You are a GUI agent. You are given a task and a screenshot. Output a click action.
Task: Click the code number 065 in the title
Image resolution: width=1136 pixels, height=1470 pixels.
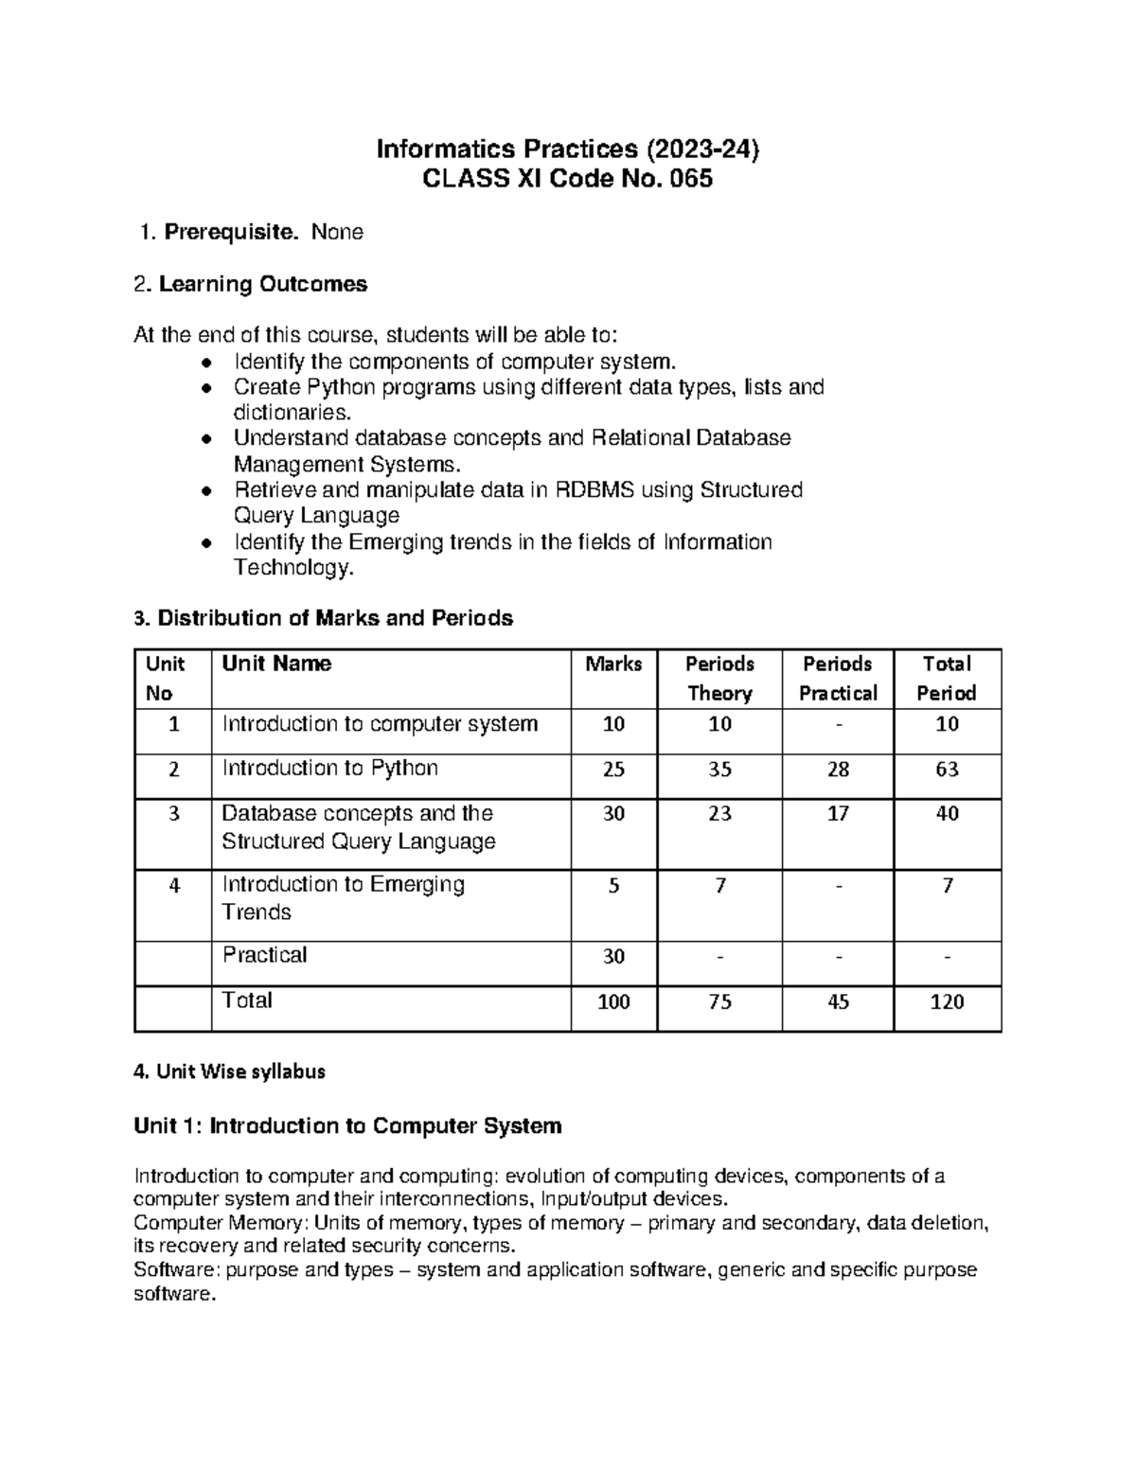[690, 178]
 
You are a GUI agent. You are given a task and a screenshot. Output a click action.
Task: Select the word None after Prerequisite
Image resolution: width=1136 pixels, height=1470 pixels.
[337, 232]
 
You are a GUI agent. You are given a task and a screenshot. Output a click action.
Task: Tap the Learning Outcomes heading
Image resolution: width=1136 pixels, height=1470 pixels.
[262, 284]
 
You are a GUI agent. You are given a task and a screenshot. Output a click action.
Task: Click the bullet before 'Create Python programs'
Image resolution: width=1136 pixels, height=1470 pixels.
[206, 387]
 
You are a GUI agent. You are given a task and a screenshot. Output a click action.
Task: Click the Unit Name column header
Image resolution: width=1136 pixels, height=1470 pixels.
[276, 664]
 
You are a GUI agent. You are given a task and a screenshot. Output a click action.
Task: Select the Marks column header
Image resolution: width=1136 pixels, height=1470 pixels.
[613, 664]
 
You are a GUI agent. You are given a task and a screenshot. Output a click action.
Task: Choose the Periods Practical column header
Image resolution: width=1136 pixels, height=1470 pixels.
[838, 678]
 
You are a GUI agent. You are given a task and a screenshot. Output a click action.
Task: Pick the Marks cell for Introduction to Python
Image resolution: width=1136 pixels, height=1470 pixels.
[613, 770]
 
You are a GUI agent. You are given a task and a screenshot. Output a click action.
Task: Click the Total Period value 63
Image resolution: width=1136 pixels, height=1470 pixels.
[947, 770]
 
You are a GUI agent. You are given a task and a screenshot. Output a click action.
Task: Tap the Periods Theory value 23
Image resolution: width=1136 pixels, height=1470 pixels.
[719, 814]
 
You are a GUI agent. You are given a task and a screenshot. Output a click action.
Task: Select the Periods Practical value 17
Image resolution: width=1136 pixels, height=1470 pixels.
[838, 814]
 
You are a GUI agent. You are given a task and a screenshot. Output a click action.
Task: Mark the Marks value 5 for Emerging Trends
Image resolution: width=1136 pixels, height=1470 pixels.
[613, 886]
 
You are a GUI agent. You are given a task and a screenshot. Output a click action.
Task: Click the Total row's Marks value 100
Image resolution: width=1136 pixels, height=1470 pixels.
[613, 1001]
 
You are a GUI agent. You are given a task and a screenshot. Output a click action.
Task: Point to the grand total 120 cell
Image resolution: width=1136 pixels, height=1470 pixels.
[947, 1001]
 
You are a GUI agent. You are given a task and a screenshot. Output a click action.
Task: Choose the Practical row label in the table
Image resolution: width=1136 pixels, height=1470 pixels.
[264, 955]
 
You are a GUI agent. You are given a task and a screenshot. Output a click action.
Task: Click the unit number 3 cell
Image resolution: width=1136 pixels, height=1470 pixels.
[173, 814]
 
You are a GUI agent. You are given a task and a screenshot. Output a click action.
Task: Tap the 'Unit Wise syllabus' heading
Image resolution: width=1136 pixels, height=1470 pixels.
[230, 1072]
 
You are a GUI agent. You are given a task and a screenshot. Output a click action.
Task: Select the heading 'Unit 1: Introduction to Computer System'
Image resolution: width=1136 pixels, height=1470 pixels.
[348, 1125]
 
